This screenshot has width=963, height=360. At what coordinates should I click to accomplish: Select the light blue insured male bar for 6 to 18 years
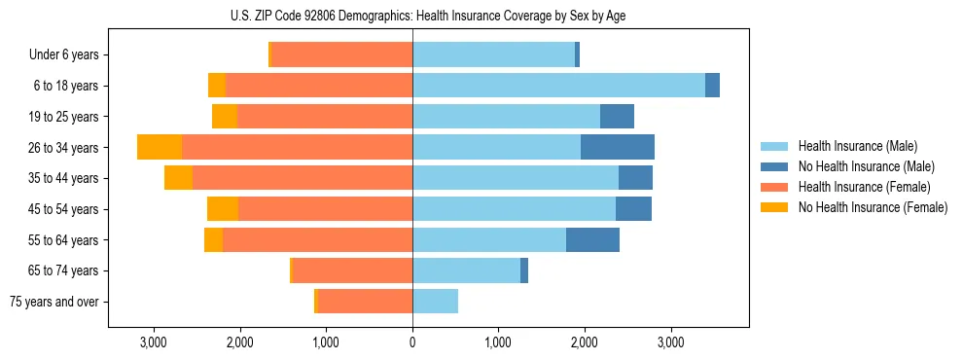(x=558, y=86)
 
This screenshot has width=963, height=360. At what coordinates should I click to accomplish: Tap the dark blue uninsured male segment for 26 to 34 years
(x=618, y=147)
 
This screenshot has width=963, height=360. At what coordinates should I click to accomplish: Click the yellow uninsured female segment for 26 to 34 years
(x=160, y=147)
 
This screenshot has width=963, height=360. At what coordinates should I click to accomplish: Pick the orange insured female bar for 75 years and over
(x=365, y=302)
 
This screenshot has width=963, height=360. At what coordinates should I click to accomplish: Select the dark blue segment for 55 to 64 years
(x=592, y=239)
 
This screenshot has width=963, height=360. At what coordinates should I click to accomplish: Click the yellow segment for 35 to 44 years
(x=178, y=178)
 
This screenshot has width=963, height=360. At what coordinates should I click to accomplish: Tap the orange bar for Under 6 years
(x=342, y=54)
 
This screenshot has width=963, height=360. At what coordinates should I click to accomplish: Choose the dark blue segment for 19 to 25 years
(x=617, y=117)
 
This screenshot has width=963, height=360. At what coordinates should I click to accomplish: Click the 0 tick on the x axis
(x=412, y=342)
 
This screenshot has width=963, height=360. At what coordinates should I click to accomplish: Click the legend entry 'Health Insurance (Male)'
(x=858, y=146)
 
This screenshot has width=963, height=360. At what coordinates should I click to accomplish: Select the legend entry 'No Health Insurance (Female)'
(x=873, y=207)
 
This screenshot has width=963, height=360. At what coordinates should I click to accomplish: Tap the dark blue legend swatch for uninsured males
(x=774, y=166)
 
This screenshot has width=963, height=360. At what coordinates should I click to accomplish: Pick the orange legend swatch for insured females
(x=774, y=187)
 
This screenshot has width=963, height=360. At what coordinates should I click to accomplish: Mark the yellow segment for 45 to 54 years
(x=223, y=209)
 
